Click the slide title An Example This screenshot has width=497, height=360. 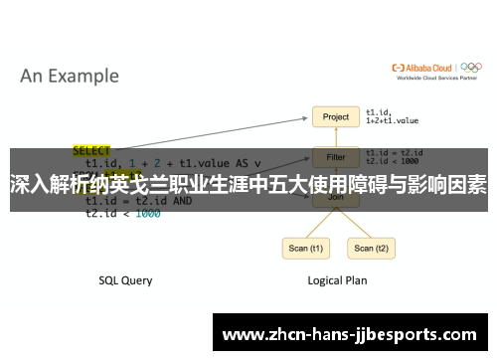click(x=70, y=76)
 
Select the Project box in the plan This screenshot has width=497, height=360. click(x=336, y=116)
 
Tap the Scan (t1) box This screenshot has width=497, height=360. click(x=304, y=248)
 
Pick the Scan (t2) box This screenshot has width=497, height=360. click(x=364, y=248)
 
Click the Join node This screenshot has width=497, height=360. click(x=336, y=198)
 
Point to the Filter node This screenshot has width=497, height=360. click(x=336, y=156)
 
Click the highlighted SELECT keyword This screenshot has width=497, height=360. click(x=92, y=150)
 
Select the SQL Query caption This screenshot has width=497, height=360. click(x=125, y=280)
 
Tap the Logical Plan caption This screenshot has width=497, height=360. click(x=336, y=280)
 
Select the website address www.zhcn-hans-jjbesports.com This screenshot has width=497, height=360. click(x=348, y=334)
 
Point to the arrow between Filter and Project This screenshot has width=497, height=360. click(x=336, y=136)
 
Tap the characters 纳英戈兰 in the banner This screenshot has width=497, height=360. click(x=140, y=185)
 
